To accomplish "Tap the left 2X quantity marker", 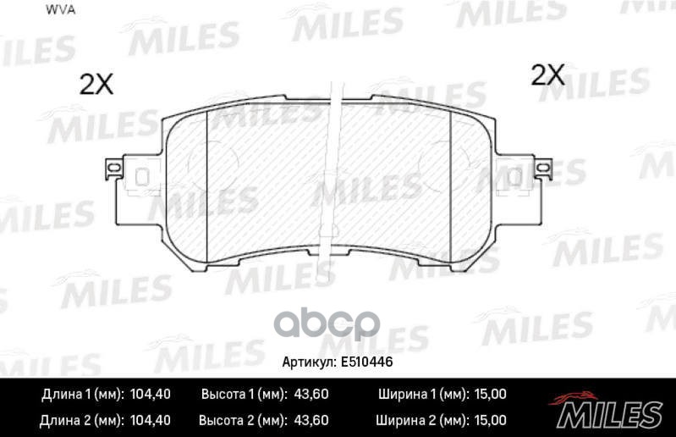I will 96,83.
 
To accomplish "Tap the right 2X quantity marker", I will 547,75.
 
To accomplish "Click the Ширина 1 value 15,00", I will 489,395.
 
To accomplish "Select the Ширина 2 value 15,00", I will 489,419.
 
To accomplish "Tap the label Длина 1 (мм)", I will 83,395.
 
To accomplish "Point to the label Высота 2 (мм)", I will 242,419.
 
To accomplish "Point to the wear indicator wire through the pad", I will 335,169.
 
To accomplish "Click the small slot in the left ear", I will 142,178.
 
